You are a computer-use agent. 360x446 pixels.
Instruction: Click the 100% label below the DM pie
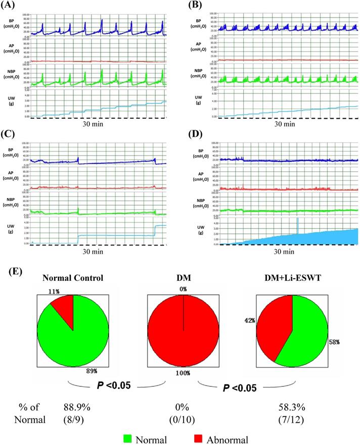click(178, 372)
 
